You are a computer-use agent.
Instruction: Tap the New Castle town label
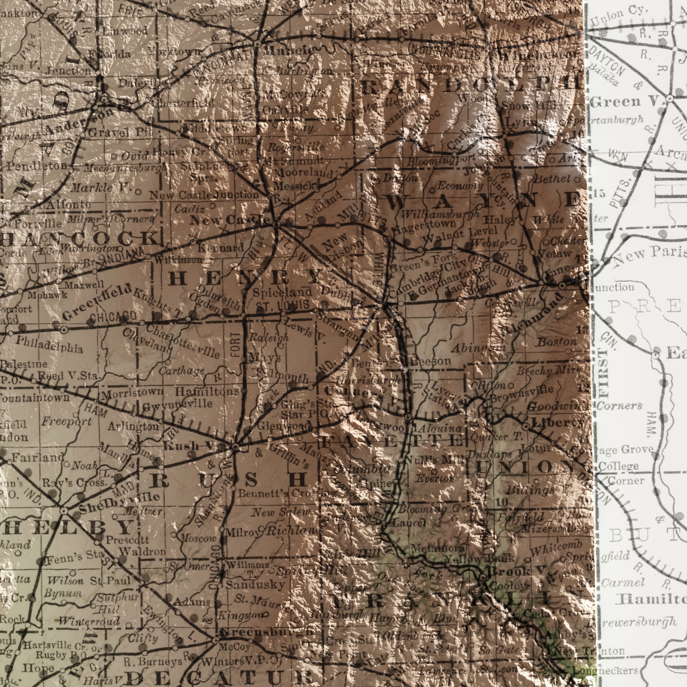click(x=230, y=220)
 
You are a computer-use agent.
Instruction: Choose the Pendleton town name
click(x=37, y=166)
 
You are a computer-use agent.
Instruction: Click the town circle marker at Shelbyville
click(x=63, y=510)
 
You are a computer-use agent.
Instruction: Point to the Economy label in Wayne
click(x=460, y=186)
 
